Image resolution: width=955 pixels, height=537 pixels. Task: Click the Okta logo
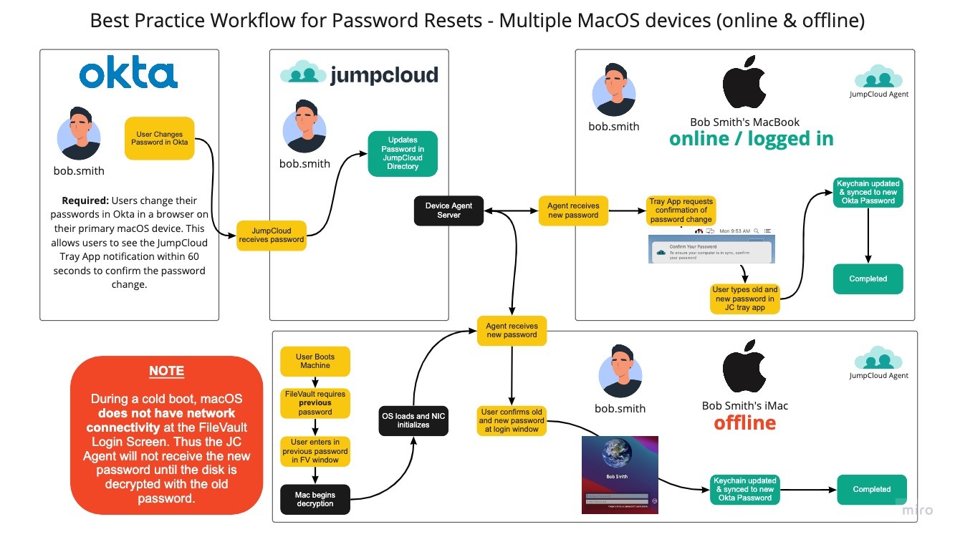[128, 74]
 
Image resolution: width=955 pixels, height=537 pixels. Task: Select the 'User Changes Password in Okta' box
[159, 138]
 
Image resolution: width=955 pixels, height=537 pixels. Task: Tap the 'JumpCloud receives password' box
[272, 234]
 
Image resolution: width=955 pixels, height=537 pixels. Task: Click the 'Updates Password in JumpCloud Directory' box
[403, 153]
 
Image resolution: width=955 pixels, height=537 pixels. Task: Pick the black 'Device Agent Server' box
[448, 211]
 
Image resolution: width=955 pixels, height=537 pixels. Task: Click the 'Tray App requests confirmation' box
[681, 211]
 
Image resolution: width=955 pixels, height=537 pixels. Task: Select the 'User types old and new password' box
[745, 299]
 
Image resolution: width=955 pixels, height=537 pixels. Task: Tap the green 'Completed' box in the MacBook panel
[868, 279]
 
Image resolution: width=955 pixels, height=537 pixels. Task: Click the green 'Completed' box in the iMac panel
[871, 489]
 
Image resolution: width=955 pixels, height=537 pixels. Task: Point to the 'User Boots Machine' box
[315, 361]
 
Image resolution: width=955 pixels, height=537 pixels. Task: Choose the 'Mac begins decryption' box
[315, 499]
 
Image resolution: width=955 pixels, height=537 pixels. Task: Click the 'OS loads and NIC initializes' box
[413, 420]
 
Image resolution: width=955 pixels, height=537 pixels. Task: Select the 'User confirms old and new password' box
[512, 420]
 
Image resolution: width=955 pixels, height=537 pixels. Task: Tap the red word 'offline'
[744, 423]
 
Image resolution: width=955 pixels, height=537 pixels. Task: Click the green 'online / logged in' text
[751, 139]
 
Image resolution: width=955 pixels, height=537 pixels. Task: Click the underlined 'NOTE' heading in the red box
[166, 372]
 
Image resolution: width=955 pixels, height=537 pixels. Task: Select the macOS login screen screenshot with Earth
[620, 475]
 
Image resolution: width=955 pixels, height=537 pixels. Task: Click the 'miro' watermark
[917, 510]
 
